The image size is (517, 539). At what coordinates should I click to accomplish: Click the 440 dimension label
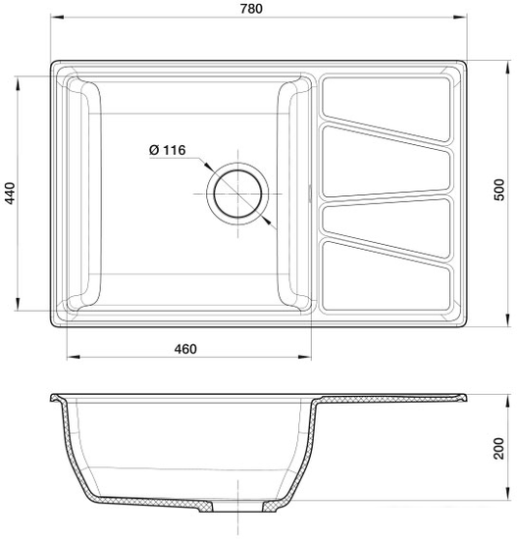coord(11,194)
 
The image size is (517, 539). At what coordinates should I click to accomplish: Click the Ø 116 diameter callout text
coord(167,150)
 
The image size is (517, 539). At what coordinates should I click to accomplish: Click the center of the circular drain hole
coord(235,190)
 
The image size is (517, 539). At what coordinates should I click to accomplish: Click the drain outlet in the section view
coord(235,509)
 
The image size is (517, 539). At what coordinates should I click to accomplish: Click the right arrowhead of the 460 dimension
coord(313,359)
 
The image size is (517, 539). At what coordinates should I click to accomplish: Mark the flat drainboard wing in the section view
coord(392,400)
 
